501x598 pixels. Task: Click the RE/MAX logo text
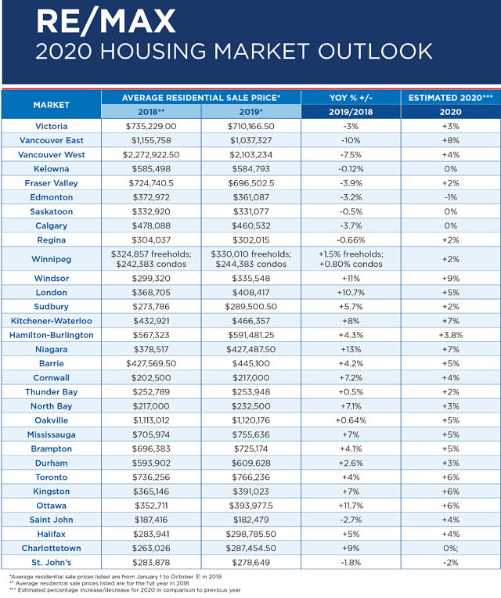[106, 22]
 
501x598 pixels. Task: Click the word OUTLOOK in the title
[375, 52]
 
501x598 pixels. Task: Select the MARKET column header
[51, 105]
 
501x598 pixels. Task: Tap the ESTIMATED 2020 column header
[450, 98]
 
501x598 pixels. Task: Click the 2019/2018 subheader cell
[351, 112]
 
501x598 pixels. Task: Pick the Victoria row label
[51, 126]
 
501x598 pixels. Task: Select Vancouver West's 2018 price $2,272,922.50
[151, 155]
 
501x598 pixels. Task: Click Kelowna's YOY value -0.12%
[351, 169]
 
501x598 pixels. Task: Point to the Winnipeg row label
[51, 259]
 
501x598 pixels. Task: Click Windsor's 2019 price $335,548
[250, 279]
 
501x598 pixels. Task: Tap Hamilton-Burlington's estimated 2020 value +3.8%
[450, 335]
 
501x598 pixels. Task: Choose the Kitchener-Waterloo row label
[51, 321]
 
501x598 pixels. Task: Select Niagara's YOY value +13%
[351, 349]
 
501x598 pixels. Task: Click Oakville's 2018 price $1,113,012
[151, 420]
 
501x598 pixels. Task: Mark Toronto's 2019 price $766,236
[250, 477]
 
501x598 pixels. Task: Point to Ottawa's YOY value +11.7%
[351, 506]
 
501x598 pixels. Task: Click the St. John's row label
[51, 563]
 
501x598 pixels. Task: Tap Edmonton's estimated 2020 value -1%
[450, 197]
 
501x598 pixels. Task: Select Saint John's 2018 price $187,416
[151, 520]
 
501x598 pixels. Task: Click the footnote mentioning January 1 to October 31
[116, 577]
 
